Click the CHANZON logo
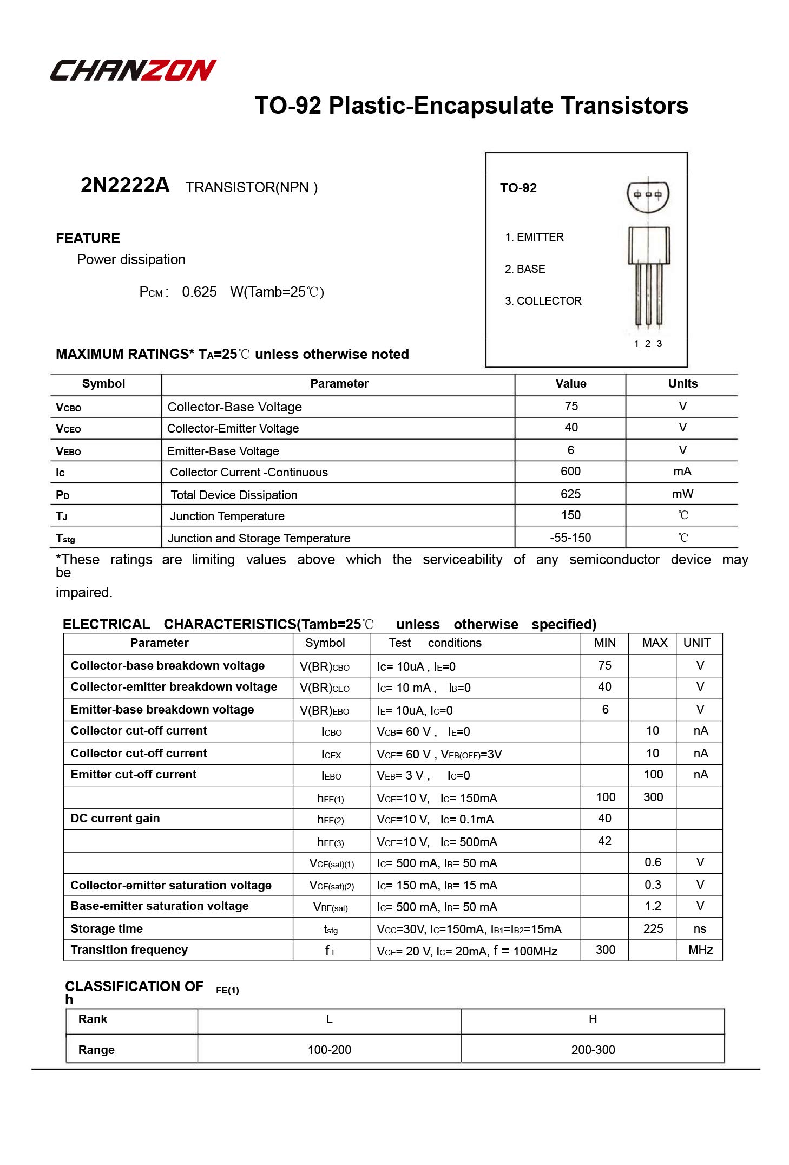pos(133,70)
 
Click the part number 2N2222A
pos(124,186)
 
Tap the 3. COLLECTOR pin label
pos(543,301)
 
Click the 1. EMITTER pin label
pos(534,237)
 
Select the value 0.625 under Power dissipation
pos(199,292)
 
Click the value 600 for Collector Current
pos(570,472)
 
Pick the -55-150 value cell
pos(570,538)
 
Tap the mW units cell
pos(682,494)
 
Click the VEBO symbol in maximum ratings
pos(68,451)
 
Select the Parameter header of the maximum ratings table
pos(339,384)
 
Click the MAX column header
pos(654,643)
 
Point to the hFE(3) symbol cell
pos(330,842)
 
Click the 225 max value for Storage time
pos(653,929)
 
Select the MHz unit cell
pos(700,950)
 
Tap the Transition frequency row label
pos(129,950)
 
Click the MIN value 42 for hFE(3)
pos(604,841)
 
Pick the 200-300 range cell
pos(593,1050)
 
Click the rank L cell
pos(329,1019)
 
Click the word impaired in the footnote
pos(83,593)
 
